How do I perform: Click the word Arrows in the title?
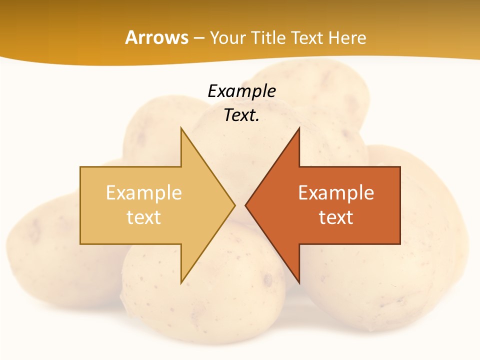click(156, 37)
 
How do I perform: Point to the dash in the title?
click(198, 38)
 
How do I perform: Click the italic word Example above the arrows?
click(241, 91)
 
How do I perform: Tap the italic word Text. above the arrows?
click(241, 115)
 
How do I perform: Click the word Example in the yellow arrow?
click(144, 192)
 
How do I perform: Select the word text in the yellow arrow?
click(144, 217)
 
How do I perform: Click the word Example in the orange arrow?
click(336, 192)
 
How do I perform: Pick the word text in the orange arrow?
click(336, 217)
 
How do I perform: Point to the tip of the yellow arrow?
click(234, 205)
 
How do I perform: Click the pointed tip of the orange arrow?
click(245, 205)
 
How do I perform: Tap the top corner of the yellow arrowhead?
click(181, 127)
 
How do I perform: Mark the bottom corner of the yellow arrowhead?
click(181, 283)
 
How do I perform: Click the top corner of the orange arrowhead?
click(299, 127)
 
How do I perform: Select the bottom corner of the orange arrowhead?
click(299, 283)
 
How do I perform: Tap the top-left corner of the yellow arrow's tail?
click(80, 167)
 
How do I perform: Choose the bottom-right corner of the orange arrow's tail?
click(400, 244)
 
